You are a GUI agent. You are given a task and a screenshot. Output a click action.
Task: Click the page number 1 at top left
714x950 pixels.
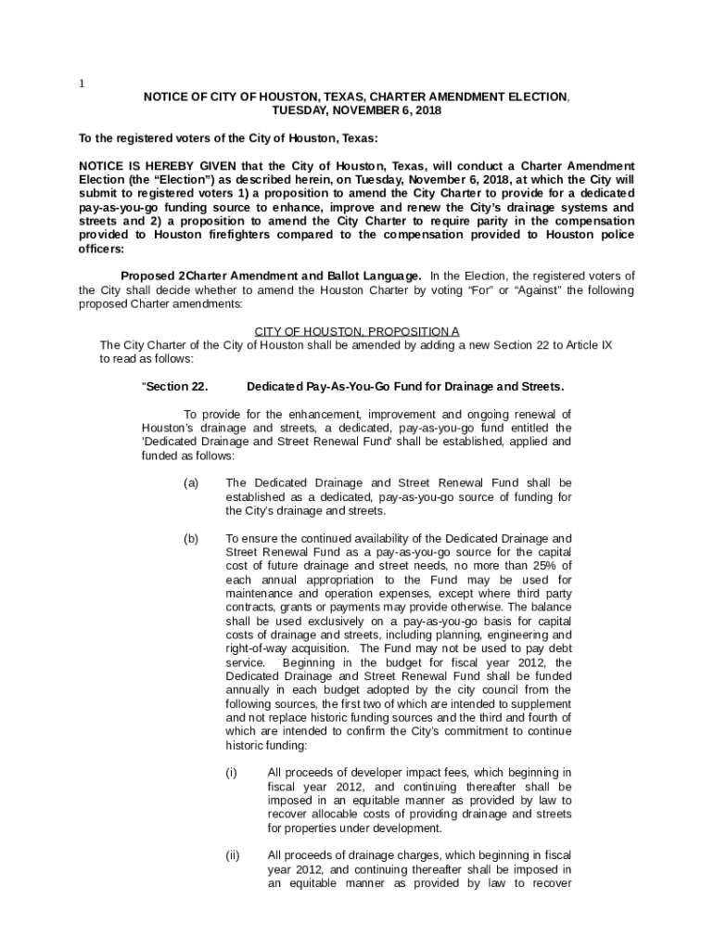(82, 83)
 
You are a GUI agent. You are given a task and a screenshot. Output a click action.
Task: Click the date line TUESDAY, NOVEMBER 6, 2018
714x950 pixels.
(356, 110)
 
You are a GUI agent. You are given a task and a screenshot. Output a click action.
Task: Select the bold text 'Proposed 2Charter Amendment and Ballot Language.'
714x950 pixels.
(272, 276)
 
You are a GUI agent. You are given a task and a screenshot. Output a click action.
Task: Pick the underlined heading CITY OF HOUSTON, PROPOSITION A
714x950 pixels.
(357, 331)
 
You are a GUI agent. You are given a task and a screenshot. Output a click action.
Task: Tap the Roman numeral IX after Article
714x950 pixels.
(606, 345)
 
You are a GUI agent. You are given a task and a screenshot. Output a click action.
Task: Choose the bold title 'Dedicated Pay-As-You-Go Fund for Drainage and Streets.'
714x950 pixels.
(405, 387)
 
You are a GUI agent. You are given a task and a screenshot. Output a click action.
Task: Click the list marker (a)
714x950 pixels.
(191, 483)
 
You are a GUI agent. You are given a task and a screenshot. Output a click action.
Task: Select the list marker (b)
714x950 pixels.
(191, 538)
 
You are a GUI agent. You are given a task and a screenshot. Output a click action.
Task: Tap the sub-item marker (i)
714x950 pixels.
(231, 773)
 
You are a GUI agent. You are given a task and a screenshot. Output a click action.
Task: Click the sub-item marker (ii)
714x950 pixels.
(231, 855)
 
